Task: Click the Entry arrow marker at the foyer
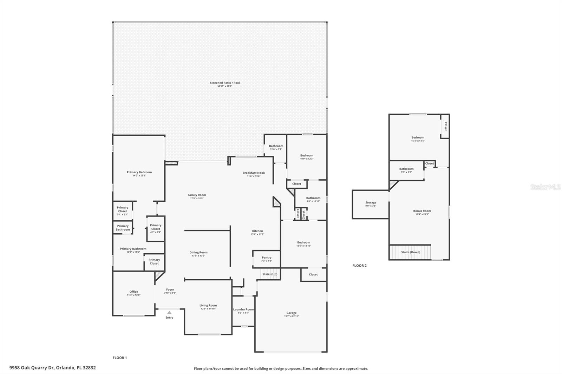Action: coord(169,312)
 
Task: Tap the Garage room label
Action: coord(291,313)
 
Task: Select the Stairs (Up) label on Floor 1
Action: coord(270,274)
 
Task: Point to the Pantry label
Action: coord(267,258)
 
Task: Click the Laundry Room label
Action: coord(243,309)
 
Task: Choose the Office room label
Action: coord(133,292)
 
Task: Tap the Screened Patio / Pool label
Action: coord(225,83)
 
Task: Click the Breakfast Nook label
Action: coord(254,173)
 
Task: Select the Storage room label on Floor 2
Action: coord(371,202)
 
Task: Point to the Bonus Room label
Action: coord(422,211)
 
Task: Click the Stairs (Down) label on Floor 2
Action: coord(411,252)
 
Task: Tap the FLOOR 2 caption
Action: coord(359,266)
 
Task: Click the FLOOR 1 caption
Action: coord(119,358)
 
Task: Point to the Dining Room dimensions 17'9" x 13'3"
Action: coord(198,256)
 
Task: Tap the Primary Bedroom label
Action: coord(139,172)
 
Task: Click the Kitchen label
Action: coord(257,231)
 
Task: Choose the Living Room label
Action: coord(208,305)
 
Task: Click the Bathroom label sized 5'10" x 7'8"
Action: coord(276,146)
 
